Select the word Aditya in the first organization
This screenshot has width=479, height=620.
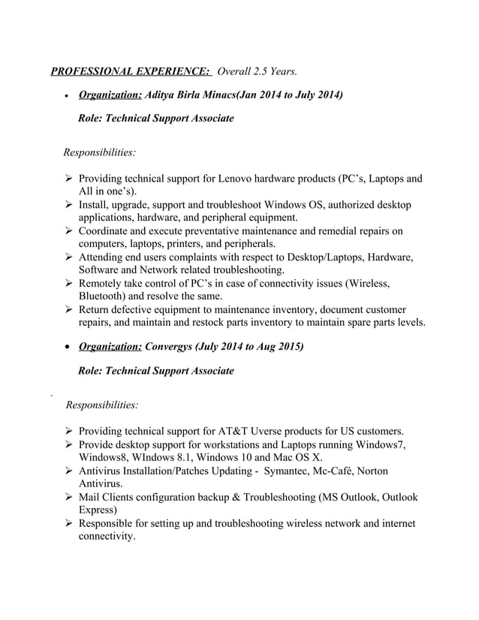(x=163, y=95)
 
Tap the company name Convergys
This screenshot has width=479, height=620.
(x=173, y=347)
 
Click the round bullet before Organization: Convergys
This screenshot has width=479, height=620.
(x=68, y=348)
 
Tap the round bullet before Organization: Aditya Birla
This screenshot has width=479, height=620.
(x=68, y=97)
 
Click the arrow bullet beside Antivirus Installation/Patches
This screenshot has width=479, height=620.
(x=68, y=471)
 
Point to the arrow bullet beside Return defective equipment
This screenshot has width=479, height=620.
(x=68, y=309)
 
